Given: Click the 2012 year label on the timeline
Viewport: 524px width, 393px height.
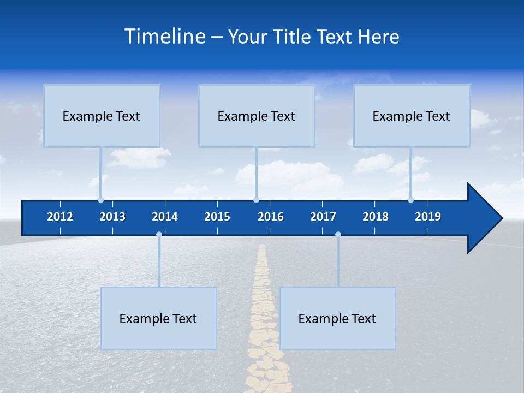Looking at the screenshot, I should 60,217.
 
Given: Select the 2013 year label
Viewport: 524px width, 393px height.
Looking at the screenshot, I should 112,217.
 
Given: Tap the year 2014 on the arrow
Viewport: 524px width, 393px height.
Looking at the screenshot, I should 165,217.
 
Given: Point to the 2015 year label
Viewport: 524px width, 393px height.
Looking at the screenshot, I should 217,217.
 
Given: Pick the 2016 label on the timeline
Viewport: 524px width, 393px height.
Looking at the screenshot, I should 271,217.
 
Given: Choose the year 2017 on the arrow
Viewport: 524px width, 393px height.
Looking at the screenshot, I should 323,217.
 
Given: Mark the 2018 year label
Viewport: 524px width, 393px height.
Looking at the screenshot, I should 376,217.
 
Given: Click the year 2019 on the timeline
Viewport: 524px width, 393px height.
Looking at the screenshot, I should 428,217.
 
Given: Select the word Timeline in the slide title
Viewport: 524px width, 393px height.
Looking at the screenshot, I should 164,36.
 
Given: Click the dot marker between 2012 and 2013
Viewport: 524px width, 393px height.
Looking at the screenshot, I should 100,200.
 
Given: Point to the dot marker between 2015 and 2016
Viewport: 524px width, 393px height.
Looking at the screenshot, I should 256,200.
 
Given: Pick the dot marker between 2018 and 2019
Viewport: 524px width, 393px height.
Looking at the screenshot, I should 410,200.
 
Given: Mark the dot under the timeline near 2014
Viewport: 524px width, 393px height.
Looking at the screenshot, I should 159,235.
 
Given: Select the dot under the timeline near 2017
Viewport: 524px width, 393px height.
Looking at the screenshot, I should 338,235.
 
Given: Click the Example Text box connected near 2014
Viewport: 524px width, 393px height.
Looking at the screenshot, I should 158,318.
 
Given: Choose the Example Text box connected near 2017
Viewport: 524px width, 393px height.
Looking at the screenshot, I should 337,318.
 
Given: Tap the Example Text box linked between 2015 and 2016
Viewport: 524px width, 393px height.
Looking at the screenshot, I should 257,116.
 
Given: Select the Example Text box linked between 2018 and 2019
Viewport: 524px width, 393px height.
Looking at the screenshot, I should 412,116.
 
